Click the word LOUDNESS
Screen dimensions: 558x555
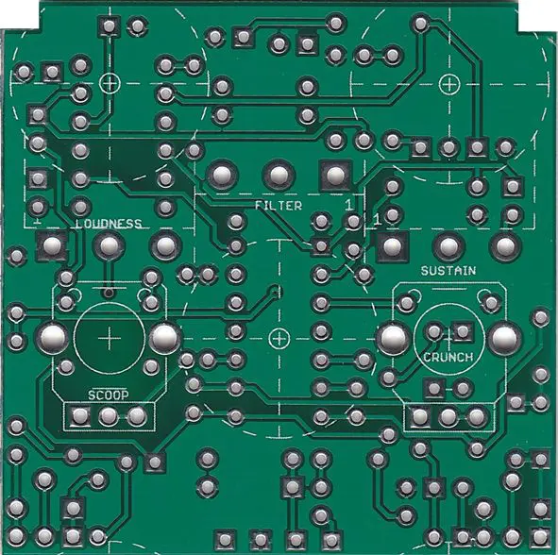(x=109, y=224)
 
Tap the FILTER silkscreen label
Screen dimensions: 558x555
(x=279, y=205)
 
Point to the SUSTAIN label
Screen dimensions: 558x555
(x=448, y=271)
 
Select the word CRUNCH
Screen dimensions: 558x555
(x=448, y=357)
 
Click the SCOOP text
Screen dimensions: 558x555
(x=109, y=395)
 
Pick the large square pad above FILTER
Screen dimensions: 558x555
(x=335, y=175)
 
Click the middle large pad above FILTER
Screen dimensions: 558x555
(x=279, y=175)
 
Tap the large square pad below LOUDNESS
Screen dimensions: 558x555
(x=53, y=245)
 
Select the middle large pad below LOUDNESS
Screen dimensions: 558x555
(x=109, y=245)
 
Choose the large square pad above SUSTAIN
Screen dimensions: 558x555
(x=392, y=245)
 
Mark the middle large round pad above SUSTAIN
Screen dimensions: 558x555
(x=448, y=245)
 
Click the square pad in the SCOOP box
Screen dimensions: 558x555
(x=80, y=416)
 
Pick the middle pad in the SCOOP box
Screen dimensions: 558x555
(x=109, y=416)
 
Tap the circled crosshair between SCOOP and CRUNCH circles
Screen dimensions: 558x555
(x=279, y=339)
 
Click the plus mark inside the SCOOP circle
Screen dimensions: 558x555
(x=109, y=338)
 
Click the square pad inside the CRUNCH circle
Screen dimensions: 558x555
(x=463, y=331)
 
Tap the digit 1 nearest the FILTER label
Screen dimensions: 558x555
(x=349, y=205)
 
